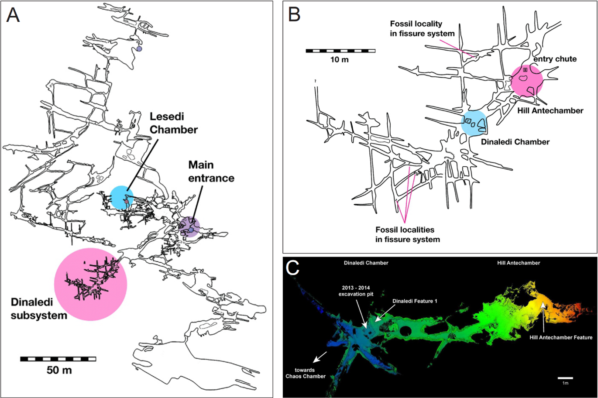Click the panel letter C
(292, 268)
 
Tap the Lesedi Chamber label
(174, 123)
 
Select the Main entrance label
(211, 171)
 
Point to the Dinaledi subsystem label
(39, 309)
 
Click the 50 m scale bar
(58, 359)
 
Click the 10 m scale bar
(340, 51)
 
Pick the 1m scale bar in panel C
(565, 378)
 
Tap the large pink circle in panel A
(90, 285)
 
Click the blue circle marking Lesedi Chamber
(122, 197)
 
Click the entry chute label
(555, 59)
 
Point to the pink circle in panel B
(527, 81)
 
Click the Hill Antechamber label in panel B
(550, 111)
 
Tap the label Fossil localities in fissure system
(407, 234)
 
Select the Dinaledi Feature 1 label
(415, 301)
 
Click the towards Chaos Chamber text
(305, 373)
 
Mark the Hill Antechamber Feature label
(561, 337)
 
